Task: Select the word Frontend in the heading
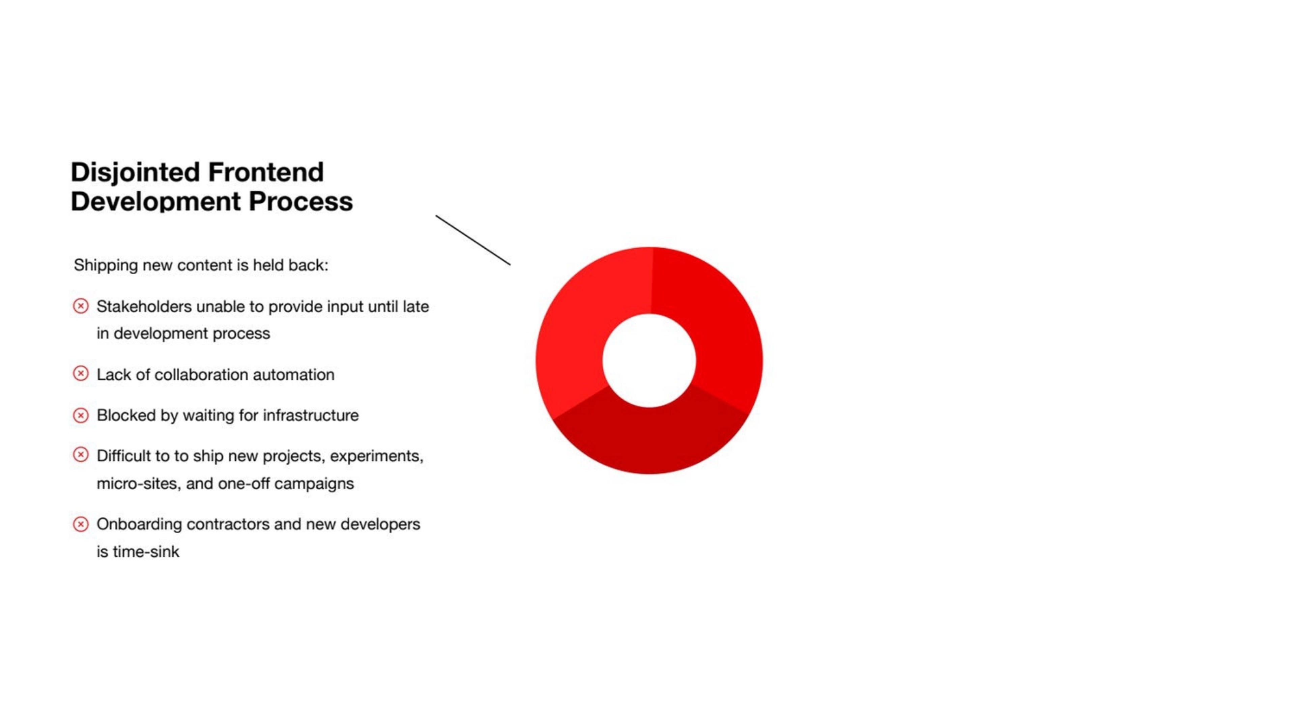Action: coord(266,172)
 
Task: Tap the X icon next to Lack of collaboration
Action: coord(81,374)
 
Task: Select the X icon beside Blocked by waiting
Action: coord(81,415)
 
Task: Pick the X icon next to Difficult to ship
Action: coord(81,455)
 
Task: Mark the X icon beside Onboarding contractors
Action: coord(81,524)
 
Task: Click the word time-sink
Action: coord(146,552)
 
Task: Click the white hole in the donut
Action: coord(649,360)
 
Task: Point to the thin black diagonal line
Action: coord(473,240)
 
